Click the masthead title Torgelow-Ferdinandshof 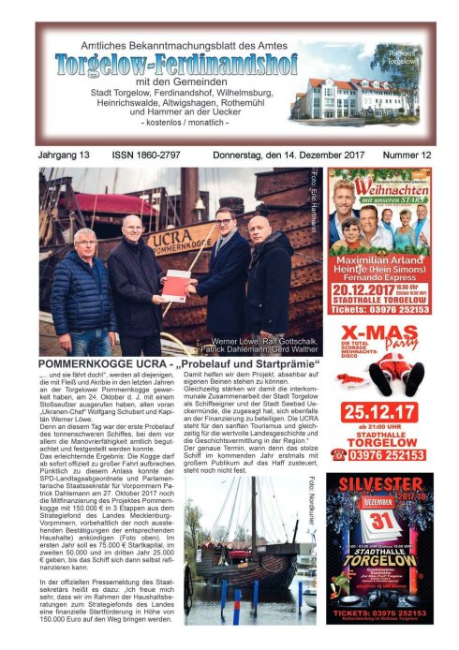[175, 64]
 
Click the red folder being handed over [176, 285]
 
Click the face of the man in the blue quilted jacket [86, 241]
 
